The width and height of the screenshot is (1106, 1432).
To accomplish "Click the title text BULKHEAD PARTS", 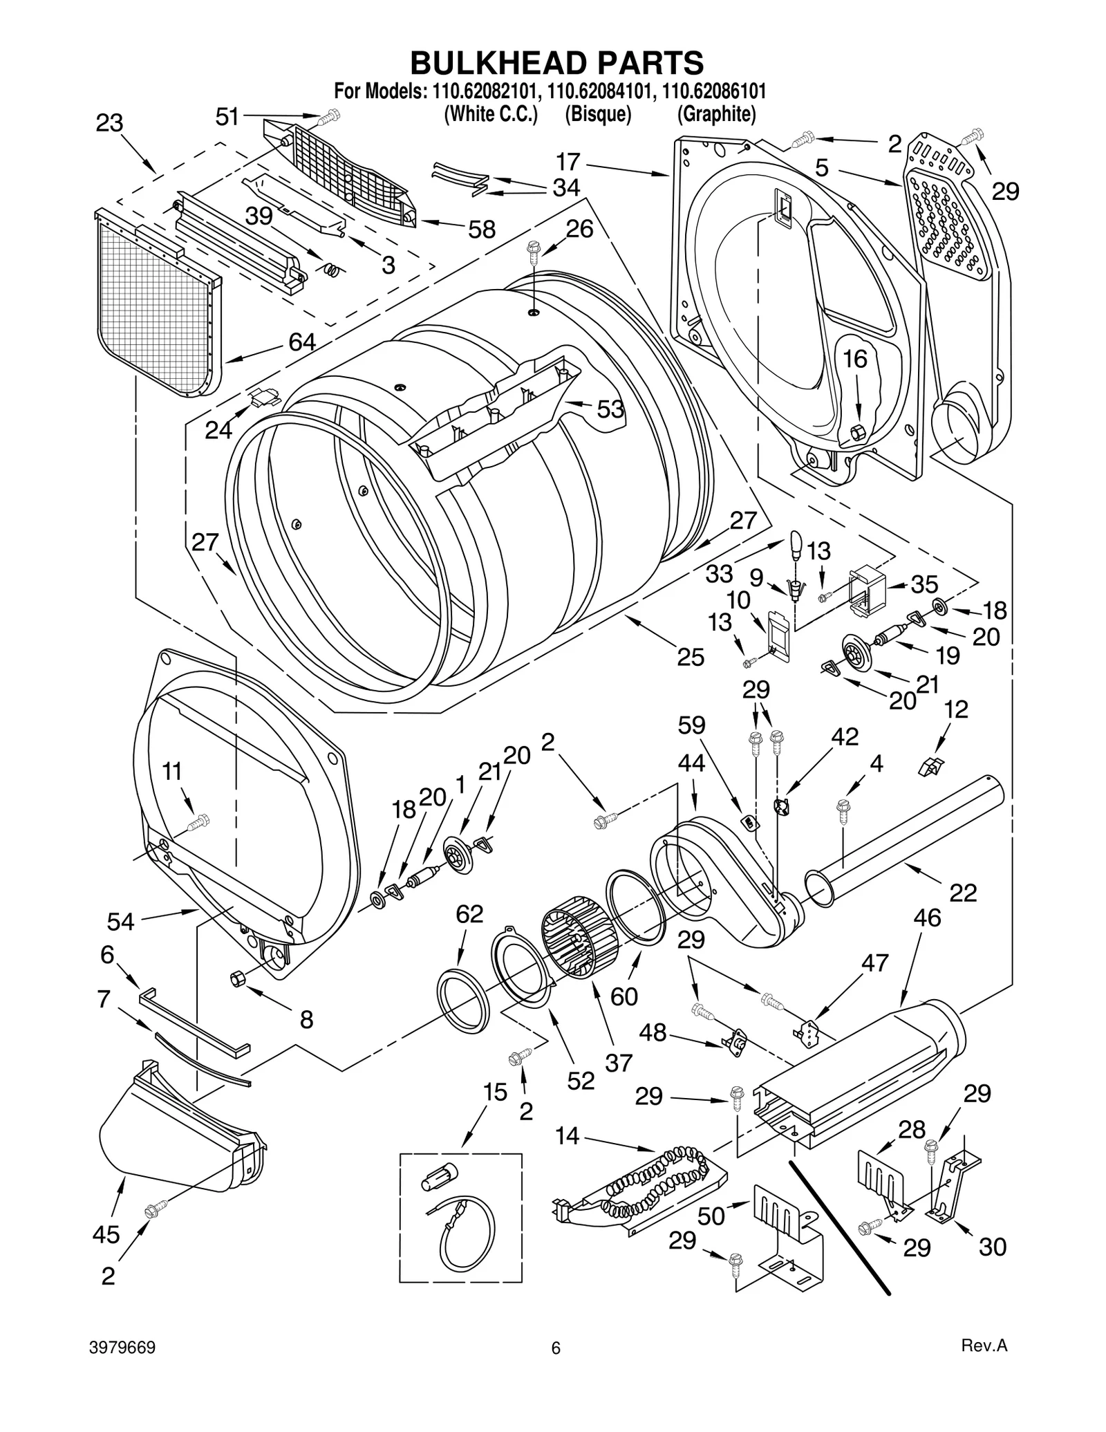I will (556, 63).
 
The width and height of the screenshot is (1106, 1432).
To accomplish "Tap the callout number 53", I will (610, 409).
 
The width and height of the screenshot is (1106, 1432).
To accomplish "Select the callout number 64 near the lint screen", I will (302, 342).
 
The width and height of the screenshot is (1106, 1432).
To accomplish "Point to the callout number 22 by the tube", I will (963, 893).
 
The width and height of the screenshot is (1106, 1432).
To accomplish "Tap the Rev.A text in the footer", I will (984, 1346).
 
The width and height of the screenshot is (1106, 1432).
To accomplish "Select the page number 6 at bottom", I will (556, 1348).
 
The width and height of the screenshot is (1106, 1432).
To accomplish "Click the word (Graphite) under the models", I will (716, 115).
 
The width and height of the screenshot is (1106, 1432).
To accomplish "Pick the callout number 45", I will (106, 1234).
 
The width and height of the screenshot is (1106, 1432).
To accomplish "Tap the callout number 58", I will (482, 230).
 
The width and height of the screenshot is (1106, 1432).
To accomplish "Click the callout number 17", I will (568, 162).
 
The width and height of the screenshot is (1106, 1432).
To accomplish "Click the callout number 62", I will (469, 914).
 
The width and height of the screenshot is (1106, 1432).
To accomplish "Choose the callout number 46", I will (927, 918).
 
